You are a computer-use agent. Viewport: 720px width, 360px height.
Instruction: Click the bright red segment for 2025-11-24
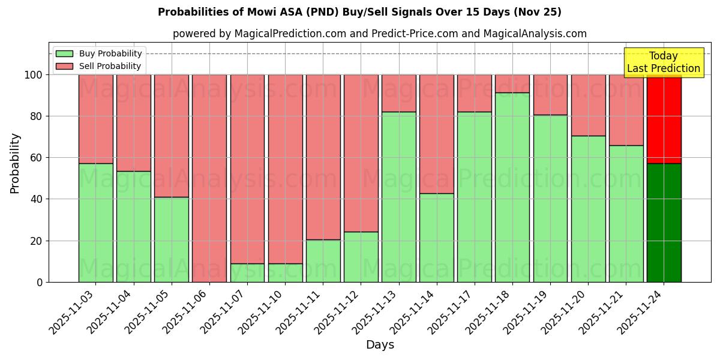point(664,119)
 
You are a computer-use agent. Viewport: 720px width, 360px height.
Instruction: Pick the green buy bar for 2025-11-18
point(512,187)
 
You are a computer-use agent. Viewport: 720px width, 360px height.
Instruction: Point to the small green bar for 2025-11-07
point(247,273)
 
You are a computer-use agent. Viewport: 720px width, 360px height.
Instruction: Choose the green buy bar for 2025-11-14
point(437,238)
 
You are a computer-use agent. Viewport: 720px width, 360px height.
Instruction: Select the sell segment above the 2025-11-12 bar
point(361,153)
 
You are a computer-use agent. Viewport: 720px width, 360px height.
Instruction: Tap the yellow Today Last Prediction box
point(663,62)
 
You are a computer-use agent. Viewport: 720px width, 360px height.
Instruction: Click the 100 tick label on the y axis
point(34,75)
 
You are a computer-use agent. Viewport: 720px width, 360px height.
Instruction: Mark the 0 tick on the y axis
point(40,282)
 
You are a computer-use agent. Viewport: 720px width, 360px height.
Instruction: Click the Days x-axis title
point(380,345)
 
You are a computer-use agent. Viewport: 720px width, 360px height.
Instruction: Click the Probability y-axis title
point(15,163)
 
